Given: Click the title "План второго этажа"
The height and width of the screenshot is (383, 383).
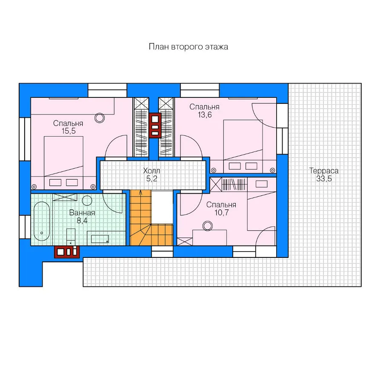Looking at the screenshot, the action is click(x=189, y=47).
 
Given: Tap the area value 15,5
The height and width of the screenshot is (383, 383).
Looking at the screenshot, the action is click(x=69, y=131).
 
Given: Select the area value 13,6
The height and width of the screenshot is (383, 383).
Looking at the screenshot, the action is click(x=205, y=115).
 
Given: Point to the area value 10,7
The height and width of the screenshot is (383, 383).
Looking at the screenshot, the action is click(x=222, y=212).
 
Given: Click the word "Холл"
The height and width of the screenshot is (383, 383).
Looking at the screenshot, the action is click(x=151, y=171).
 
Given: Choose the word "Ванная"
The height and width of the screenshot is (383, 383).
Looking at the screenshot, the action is click(x=82, y=213).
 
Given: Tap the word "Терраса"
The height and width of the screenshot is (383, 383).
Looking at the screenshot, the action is click(x=324, y=171).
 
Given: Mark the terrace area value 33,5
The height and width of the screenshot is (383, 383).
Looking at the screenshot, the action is click(x=324, y=179).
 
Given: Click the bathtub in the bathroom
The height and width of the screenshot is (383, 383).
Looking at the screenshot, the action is click(x=42, y=221).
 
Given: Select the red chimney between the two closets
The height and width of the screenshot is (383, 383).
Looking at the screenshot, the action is click(x=155, y=126).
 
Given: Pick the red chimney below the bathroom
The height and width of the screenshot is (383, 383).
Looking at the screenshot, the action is click(x=67, y=252).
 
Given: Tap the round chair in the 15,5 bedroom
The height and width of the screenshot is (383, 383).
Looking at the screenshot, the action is click(x=100, y=118).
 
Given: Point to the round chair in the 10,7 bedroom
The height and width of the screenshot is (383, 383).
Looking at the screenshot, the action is click(x=208, y=226).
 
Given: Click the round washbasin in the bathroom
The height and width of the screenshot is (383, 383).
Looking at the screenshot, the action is click(x=87, y=200).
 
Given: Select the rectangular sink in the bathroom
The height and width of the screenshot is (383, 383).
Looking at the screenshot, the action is click(x=100, y=239).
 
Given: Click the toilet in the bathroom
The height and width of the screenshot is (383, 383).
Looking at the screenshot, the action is click(x=71, y=237).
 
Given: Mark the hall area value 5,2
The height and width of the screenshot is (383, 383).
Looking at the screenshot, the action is click(x=151, y=179).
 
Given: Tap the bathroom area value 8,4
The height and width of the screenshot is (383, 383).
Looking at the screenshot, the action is click(x=82, y=221).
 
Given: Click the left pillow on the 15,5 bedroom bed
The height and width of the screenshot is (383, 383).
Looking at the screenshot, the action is click(x=55, y=183).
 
